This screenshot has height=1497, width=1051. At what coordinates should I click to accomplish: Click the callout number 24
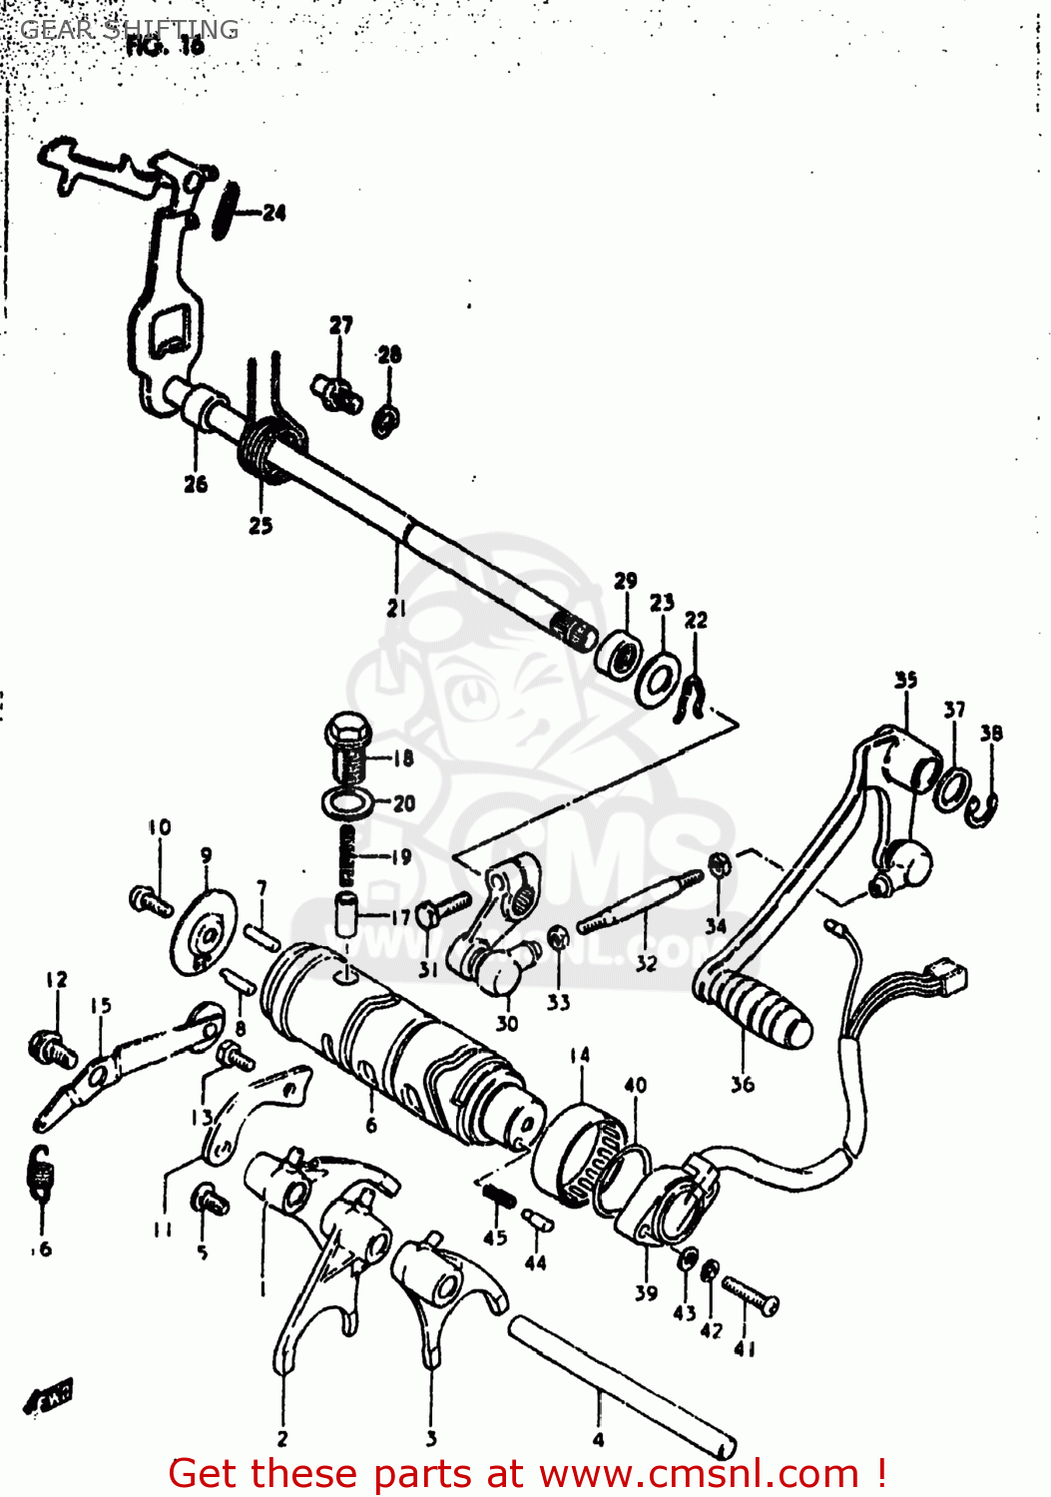(273, 213)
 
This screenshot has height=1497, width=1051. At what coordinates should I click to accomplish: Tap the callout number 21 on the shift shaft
(396, 607)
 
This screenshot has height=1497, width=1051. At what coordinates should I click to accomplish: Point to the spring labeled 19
(346, 855)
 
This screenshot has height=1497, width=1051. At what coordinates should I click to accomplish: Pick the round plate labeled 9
(205, 931)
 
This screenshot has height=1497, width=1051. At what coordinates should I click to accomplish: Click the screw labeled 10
(151, 900)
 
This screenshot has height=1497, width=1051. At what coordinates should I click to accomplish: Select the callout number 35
(905, 681)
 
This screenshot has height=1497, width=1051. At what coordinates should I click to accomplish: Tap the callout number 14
(580, 1055)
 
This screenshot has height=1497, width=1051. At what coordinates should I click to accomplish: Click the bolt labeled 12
(50, 1047)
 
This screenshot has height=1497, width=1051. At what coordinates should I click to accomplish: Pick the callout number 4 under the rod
(598, 1439)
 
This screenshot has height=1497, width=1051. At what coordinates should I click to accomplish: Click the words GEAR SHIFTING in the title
(130, 29)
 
